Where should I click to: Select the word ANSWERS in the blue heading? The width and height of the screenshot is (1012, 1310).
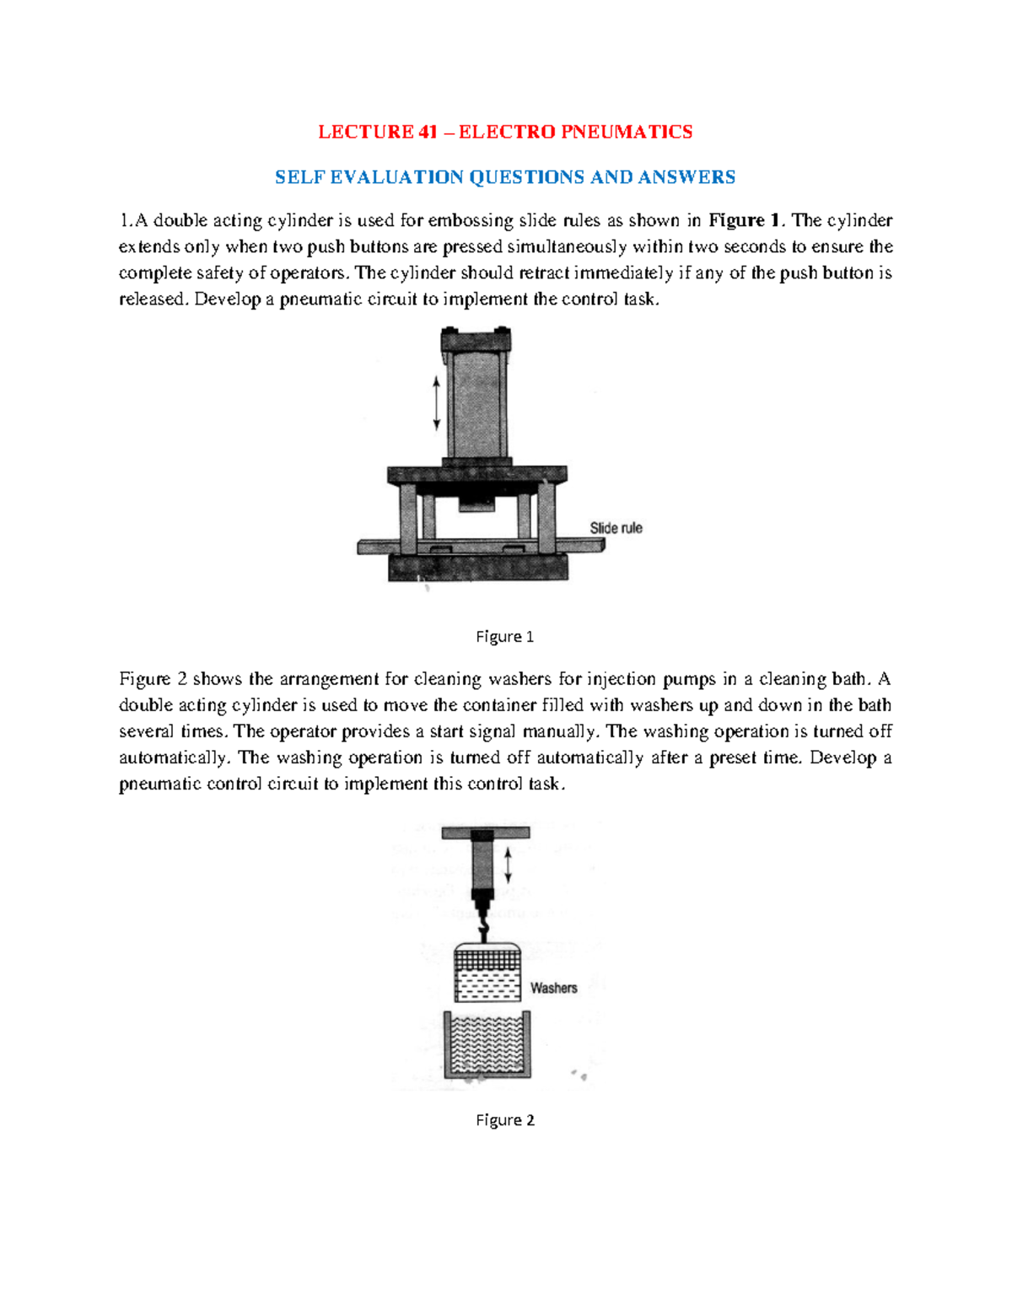686,177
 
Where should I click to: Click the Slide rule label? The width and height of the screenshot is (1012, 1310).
616,528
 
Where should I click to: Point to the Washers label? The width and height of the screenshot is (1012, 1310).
553,988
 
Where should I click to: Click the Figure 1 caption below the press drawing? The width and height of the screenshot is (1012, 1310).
504,637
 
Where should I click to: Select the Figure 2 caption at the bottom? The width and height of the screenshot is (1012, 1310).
504,1120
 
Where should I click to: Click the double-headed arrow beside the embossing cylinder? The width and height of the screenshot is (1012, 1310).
436,403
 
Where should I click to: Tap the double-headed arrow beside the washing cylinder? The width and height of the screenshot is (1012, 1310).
509,865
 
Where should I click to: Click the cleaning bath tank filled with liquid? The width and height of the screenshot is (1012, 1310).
488,1047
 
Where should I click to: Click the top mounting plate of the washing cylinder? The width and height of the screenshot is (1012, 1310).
486,833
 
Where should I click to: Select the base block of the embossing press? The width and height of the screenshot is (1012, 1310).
478,568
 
